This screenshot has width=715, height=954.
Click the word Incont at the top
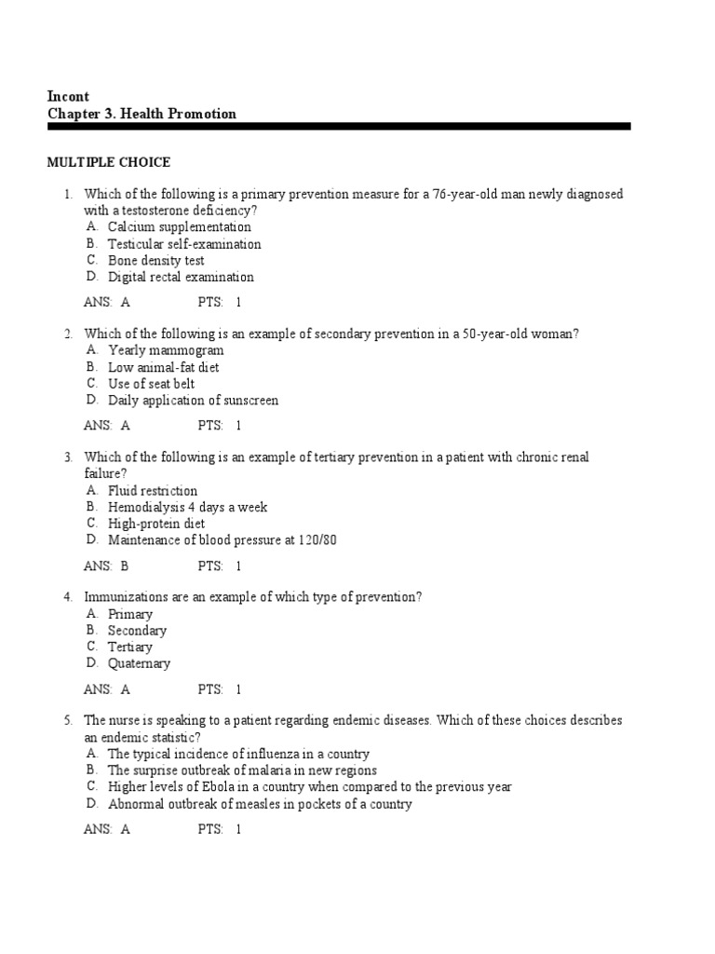coord(68,96)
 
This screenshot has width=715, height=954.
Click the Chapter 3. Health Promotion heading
coord(142,114)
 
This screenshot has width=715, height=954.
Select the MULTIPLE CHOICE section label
coord(108,162)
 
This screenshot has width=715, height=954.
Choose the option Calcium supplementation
coord(179,226)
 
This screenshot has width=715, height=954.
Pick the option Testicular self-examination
coord(184,244)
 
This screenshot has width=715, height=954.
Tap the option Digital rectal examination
coord(181,277)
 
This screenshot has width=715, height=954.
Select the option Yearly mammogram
coord(166,350)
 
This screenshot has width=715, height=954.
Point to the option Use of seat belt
coord(151,384)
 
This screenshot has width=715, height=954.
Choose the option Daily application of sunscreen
coord(193,401)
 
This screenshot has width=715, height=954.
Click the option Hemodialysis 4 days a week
coord(187,507)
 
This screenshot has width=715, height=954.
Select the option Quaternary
coord(139,663)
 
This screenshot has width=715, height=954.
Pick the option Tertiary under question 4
coord(129,647)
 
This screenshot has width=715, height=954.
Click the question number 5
coord(68,721)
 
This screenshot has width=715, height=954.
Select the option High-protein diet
coord(156,524)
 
